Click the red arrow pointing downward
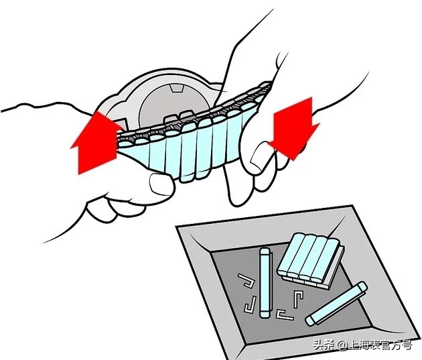coord(294,129)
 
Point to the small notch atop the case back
coord(176,88)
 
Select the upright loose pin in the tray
coord(265,283)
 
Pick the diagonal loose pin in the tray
coord(336,304)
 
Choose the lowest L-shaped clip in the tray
coord(285,315)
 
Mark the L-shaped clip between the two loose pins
coord(298,299)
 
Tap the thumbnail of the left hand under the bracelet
coord(161,184)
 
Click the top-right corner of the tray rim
coord(352,206)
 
